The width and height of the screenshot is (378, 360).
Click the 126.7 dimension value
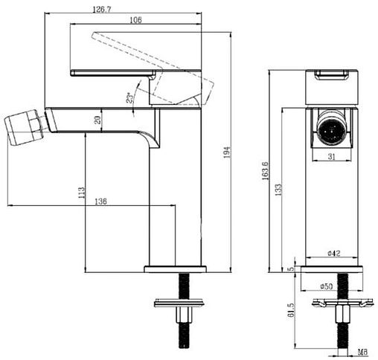(102, 10)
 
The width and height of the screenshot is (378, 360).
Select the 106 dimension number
(135, 20)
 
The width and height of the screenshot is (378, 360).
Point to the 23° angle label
(129, 98)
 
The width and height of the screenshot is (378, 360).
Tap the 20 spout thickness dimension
(98, 120)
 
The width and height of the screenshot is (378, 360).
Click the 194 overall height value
(227, 152)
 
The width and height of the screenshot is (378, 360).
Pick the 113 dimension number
(81, 193)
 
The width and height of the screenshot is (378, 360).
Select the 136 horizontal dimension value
(100, 202)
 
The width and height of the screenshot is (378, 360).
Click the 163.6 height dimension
(265, 171)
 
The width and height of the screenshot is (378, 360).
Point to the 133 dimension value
(278, 190)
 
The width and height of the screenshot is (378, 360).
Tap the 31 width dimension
(332, 157)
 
